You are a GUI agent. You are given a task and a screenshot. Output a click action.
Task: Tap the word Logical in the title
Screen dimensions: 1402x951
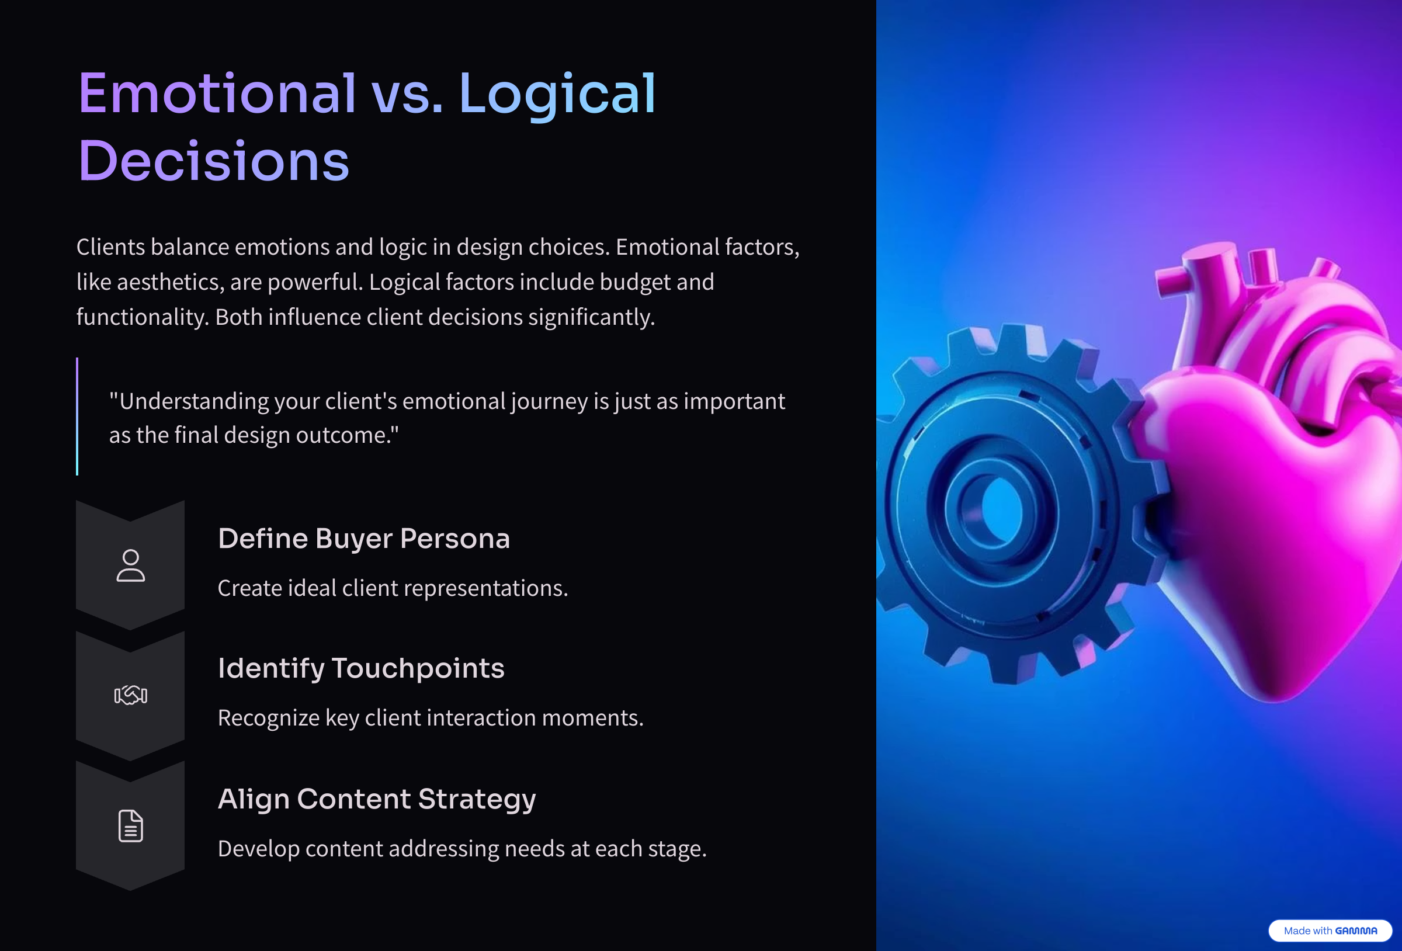[557, 96]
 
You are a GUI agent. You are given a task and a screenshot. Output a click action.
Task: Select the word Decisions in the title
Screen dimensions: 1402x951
[214, 161]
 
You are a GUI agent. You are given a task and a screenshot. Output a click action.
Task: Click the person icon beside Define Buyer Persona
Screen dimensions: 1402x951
[130, 565]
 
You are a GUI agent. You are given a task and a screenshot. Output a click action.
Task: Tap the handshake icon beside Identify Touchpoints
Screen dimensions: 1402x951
[130, 695]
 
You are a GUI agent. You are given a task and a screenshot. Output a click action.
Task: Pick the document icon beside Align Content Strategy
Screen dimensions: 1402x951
[130, 825]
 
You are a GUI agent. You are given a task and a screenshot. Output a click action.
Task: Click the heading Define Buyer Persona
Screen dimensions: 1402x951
[364, 539]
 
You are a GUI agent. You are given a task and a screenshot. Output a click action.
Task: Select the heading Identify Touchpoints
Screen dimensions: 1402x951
[361, 669]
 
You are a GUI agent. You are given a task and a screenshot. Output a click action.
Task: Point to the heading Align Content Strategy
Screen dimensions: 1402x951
[376, 800]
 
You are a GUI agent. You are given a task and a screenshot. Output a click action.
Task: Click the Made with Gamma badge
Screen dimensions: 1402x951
[1330, 931]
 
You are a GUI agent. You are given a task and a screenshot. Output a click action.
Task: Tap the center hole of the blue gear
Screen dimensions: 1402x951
[1001, 508]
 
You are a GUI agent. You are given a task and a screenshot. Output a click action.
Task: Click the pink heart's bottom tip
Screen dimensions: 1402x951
[1273, 700]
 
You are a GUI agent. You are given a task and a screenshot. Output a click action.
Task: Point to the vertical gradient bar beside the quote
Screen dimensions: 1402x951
[77, 417]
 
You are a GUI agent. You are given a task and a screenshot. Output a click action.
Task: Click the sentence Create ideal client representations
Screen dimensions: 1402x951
[393, 588]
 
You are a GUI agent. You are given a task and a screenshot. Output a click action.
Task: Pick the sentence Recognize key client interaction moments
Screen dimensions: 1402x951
[431, 718]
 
